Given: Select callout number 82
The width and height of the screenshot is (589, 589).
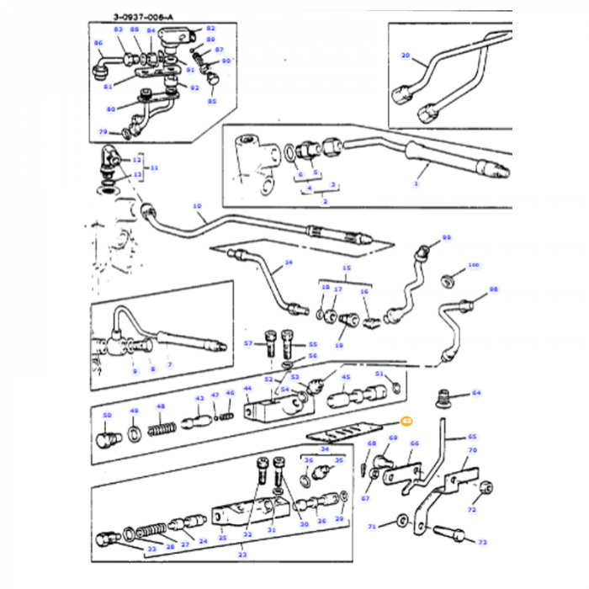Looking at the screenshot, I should click(x=210, y=29).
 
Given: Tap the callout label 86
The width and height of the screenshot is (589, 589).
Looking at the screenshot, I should click(x=98, y=43).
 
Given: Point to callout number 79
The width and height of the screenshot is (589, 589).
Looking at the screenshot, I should click(x=103, y=132).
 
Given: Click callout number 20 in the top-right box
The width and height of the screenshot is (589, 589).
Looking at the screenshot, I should click(x=406, y=56).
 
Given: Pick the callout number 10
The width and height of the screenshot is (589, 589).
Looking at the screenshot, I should click(x=198, y=206).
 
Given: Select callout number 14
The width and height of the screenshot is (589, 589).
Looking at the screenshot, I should click(x=288, y=263).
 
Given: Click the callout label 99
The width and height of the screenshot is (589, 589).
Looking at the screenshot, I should click(x=447, y=238).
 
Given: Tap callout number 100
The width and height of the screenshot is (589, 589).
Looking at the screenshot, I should click(x=473, y=265).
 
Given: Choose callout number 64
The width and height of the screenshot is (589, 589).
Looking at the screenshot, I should click(x=476, y=393).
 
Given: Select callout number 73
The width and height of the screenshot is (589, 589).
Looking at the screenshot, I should click(x=482, y=542).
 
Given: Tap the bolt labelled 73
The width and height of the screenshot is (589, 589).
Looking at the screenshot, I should click(x=449, y=533).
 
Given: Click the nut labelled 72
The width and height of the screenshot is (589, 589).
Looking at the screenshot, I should click(x=489, y=487).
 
